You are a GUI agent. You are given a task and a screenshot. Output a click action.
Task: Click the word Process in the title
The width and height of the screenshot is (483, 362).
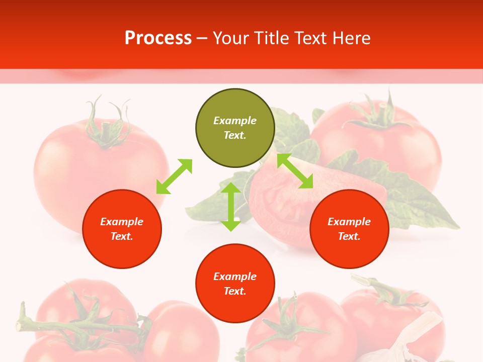(158, 38)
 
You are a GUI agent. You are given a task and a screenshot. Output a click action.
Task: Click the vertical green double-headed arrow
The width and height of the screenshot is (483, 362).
(231, 207)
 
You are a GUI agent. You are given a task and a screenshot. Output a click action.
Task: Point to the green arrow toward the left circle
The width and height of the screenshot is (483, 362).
(174, 176)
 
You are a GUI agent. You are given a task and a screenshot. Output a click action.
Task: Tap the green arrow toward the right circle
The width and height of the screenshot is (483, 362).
(295, 171)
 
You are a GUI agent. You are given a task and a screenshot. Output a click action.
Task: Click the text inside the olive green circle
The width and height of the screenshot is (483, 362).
(235, 128)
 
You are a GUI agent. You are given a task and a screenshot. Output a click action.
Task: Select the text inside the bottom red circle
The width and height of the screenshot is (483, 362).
(235, 284)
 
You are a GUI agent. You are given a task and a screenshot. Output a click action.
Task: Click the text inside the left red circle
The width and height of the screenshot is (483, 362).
(122, 229)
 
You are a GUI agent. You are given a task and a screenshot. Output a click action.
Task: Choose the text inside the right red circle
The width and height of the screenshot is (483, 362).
(349, 229)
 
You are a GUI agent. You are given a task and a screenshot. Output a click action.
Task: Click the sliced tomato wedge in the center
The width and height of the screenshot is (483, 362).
(282, 201)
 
